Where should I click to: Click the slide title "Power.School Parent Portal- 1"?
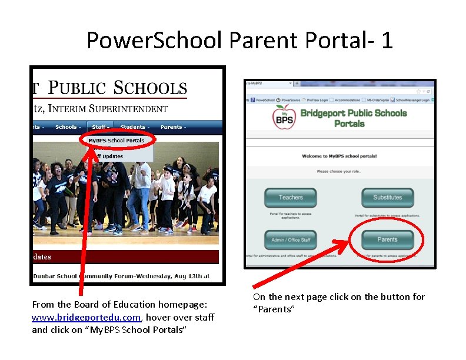[x=239, y=40]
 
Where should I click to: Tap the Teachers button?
[x=291, y=198]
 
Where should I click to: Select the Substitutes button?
[x=387, y=198]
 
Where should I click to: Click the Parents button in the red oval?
[x=387, y=239]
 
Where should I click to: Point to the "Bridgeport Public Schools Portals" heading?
[x=354, y=118]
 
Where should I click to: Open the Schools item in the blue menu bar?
[x=68, y=127]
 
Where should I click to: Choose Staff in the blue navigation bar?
[x=100, y=127]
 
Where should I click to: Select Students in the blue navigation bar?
[x=134, y=127]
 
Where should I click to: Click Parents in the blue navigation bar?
[x=172, y=127]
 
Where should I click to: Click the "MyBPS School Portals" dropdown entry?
[x=116, y=141]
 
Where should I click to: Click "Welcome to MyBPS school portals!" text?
[x=339, y=156]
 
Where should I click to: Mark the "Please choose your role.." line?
[x=339, y=171]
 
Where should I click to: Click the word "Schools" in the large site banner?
[x=150, y=88]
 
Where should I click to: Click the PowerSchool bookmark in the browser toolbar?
[x=264, y=101]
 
